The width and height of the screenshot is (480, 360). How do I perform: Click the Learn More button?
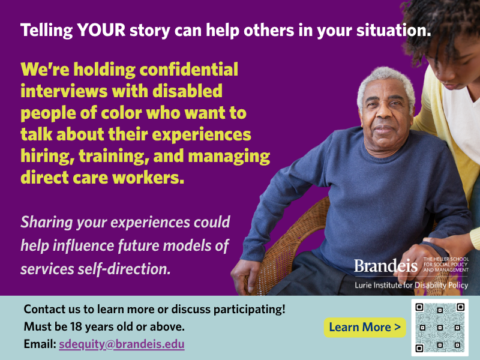[365, 327]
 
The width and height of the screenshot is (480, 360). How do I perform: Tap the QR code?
[440, 328]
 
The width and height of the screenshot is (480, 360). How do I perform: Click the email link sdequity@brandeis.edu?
[122, 344]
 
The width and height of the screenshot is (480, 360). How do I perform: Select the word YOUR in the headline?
[101, 31]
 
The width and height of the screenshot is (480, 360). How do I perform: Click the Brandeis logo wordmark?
[386, 265]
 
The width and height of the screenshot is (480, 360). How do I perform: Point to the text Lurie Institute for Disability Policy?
[412, 286]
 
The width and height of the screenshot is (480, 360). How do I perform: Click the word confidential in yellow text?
[189, 70]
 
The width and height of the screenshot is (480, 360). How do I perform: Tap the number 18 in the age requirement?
[76, 326]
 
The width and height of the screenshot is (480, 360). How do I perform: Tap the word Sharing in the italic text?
[47, 223]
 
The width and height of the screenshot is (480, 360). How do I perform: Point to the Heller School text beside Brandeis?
[446, 265]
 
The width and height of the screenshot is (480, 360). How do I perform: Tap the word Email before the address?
[40, 344]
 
